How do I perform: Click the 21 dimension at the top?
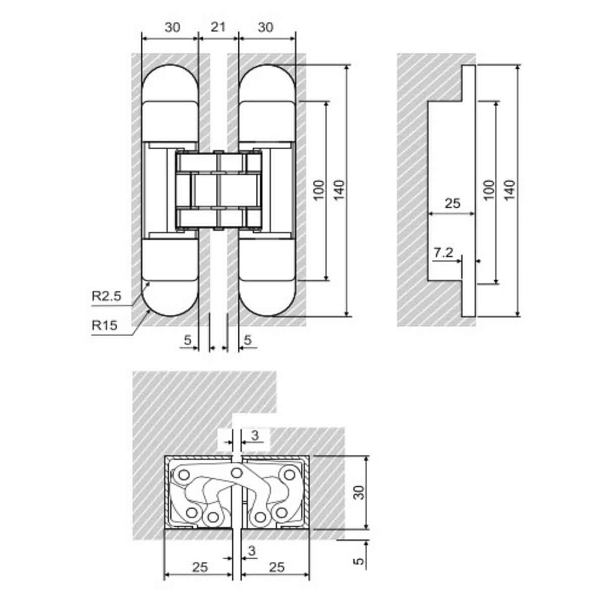click(x=218, y=27)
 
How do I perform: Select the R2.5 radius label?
click(x=106, y=296)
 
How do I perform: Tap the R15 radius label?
click(x=105, y=325)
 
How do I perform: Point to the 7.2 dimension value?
click(x=443, y=252)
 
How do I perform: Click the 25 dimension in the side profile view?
click(x=452, y=203)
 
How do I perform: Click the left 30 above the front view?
click(x=172, y=27)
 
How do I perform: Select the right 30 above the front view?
click(x=266, y=27)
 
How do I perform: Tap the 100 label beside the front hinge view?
click(x=319, y=190)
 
